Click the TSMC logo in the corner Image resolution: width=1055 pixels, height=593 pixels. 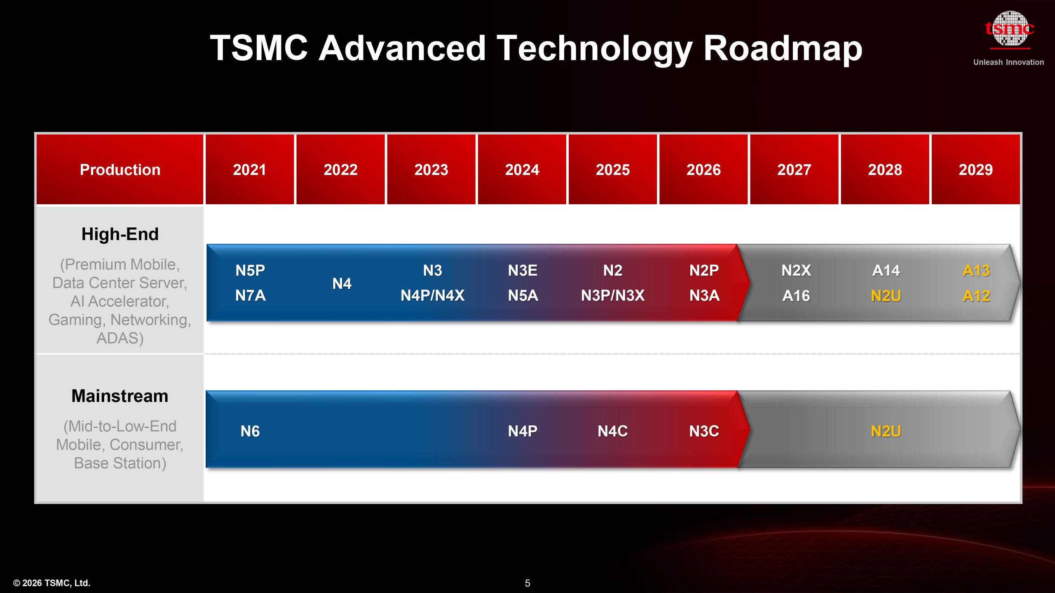tap(1009, 29)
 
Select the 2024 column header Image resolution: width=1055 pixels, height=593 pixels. tap(522, 170)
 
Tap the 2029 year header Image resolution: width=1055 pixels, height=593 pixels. tap(975, 170)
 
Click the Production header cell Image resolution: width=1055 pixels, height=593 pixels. tap(120, 170)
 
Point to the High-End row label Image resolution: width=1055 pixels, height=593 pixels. tap(120, 234)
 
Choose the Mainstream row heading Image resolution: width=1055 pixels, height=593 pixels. tap(120, 396)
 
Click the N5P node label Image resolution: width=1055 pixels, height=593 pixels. tap(250, 271)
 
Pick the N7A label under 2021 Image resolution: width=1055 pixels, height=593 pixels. tap(250, 295)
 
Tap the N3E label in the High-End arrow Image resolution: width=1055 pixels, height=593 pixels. tap(523, 271)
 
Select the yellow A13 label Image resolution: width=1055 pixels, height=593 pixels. tap(976, 271)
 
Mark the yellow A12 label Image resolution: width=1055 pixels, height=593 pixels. tap(976, 296)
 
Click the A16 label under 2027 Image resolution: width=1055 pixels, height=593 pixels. tap(796, 296)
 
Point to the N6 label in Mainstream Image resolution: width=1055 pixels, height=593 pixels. tap(250, 431)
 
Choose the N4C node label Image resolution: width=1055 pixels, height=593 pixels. tap(613, 431)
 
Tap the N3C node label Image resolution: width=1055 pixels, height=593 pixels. tap(704, 431)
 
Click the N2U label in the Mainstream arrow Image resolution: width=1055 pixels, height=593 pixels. tap(886, 431)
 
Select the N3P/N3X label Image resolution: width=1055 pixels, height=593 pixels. tap(613, 295)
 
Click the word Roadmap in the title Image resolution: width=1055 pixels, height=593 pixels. tap(783, 48)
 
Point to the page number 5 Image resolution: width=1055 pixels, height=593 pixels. tap(527, 583)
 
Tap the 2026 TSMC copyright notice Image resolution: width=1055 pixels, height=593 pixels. tap(52, 583)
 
